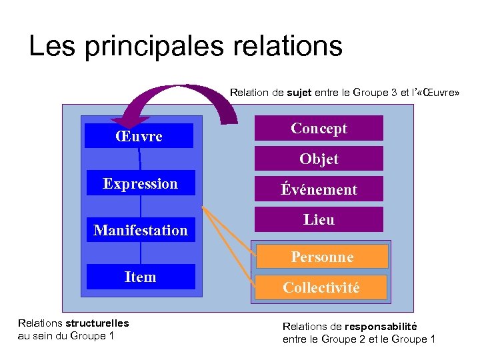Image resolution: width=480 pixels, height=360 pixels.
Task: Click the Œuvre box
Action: (139, 136)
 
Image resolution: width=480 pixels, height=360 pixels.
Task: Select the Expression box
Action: (140, 183)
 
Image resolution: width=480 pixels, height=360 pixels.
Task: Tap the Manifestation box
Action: (141, 230)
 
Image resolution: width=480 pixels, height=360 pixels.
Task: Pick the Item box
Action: (140, 277)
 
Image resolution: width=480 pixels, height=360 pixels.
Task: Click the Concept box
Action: (319, 128)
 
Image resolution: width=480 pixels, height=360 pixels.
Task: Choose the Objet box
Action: (319, 159)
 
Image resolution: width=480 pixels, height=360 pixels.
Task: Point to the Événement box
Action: (319, 189)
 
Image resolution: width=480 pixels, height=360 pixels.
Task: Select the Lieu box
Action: (319, 219)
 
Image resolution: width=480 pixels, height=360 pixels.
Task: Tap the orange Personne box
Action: (321, 256)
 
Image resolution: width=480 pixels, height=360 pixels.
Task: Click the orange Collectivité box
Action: (321, 287)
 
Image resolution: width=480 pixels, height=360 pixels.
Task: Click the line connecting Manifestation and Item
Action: (141, 253)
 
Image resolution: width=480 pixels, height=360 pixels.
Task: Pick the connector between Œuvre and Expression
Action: (140, 159)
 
